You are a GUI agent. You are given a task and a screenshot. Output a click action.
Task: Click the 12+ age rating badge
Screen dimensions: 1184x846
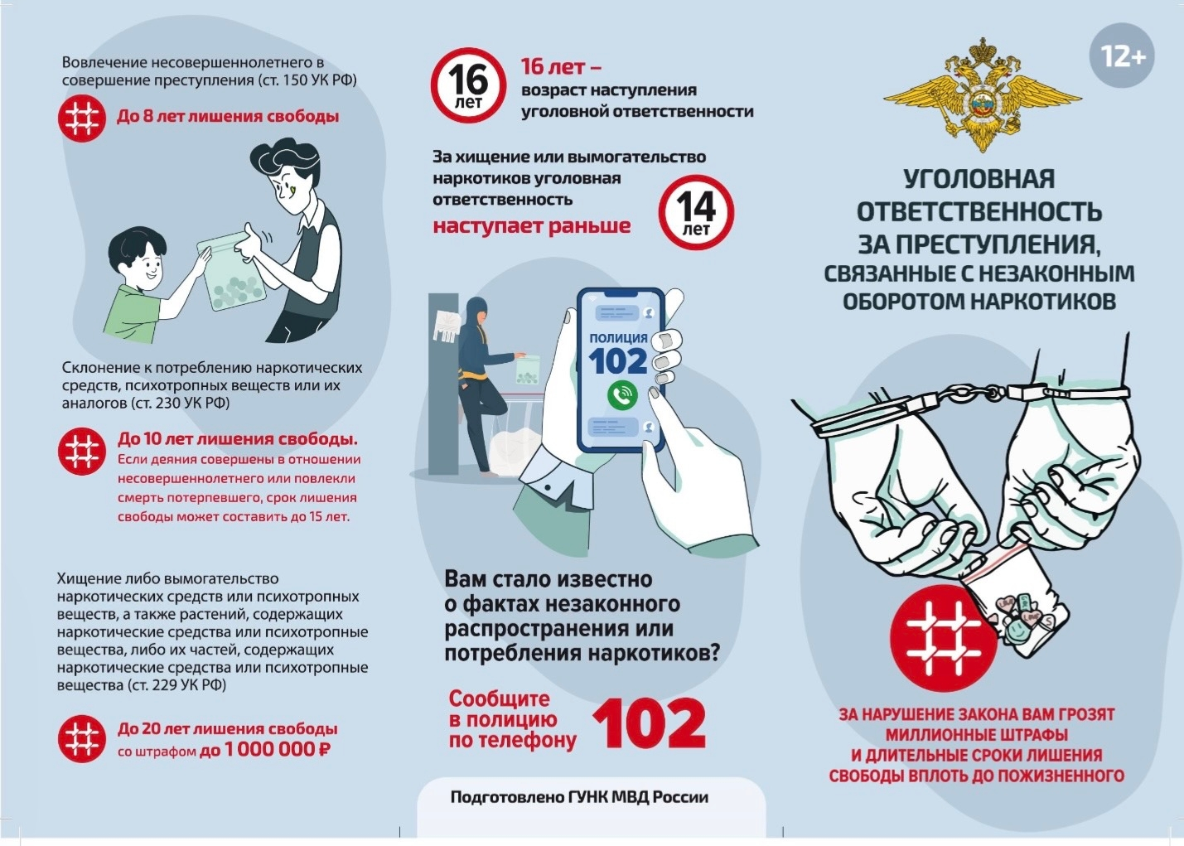[1122, 55]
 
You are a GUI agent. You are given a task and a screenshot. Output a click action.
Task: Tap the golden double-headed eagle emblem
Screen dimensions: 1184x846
[983, 95]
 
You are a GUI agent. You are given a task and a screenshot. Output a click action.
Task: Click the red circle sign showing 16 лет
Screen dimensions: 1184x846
[468, 85]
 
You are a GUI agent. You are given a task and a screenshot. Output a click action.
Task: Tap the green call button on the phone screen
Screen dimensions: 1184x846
[622, 395]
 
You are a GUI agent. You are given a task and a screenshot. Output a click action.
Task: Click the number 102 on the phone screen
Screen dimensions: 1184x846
[618, 360]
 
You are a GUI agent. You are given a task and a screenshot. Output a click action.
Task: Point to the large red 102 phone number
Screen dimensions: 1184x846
[649, 723]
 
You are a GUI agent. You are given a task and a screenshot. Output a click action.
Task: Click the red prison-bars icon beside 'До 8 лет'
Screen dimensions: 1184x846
[81, 118]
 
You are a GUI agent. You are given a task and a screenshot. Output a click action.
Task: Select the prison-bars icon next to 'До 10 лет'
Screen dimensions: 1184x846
[81, 451]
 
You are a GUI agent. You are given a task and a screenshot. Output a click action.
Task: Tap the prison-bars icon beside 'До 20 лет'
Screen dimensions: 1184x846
[81, 738]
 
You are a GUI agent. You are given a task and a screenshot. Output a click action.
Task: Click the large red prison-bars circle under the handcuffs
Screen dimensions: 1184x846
[944, 639]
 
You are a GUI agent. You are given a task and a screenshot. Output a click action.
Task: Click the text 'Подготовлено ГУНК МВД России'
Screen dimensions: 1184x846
[579, 797]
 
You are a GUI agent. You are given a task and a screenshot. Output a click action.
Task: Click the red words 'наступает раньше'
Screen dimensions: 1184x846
[532, 225]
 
